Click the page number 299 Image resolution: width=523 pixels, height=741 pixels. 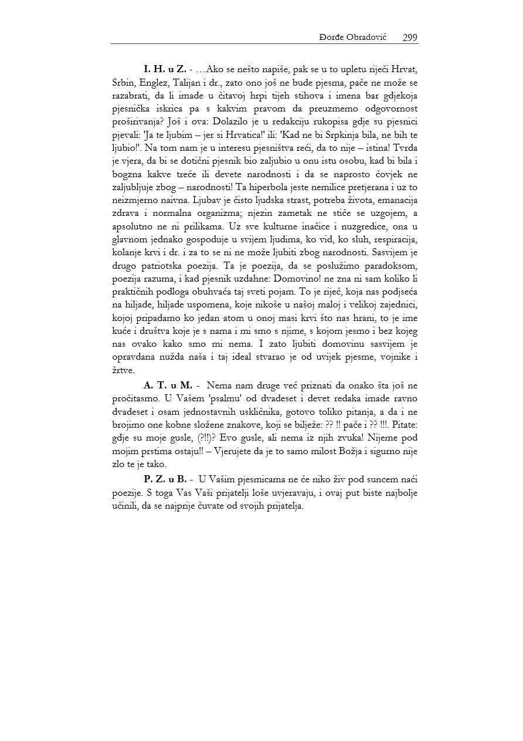410,38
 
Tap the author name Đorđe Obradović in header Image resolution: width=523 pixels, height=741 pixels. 355,38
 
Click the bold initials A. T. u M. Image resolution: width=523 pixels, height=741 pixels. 168,385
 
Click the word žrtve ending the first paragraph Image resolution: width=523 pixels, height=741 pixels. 123,370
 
